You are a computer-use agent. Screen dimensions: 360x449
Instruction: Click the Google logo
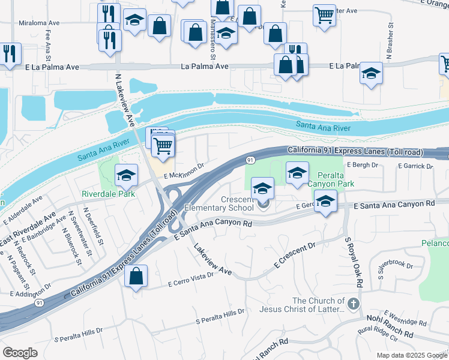click(x=20, y=353)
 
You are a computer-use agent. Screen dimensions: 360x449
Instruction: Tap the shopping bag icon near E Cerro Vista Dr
click(x=137, y=277)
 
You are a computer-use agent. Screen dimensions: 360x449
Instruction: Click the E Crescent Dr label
click(x=294, y=256)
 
